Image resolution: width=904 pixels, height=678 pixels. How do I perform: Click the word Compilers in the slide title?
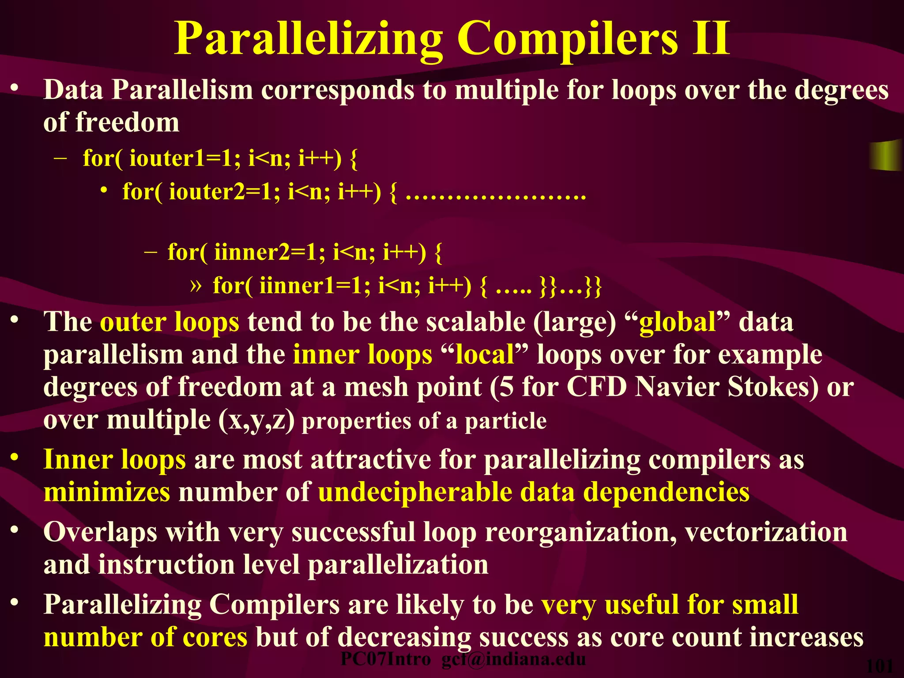(x=568, y=40)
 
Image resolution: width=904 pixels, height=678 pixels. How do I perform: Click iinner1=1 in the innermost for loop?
(x=315, y=286)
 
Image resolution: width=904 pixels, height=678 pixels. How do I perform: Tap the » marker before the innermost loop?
(x=196, y=286)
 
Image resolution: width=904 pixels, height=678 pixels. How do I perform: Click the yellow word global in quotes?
(x=678, y=322)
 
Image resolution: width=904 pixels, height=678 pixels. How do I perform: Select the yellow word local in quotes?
(x=485, y=354)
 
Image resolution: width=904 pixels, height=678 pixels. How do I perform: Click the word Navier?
(x=678, y=387)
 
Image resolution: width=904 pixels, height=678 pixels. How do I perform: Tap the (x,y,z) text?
(x=256, y=420)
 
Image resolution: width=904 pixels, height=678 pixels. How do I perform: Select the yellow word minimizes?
(x=107, y=492)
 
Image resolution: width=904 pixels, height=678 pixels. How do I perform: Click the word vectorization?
(x=766, y=532)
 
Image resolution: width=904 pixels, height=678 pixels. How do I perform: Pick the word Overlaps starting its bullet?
(x=101, y=532)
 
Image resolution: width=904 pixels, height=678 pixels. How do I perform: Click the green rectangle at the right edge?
(x=885, y=155)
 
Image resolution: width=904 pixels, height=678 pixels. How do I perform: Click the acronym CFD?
(x=597, y=387)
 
